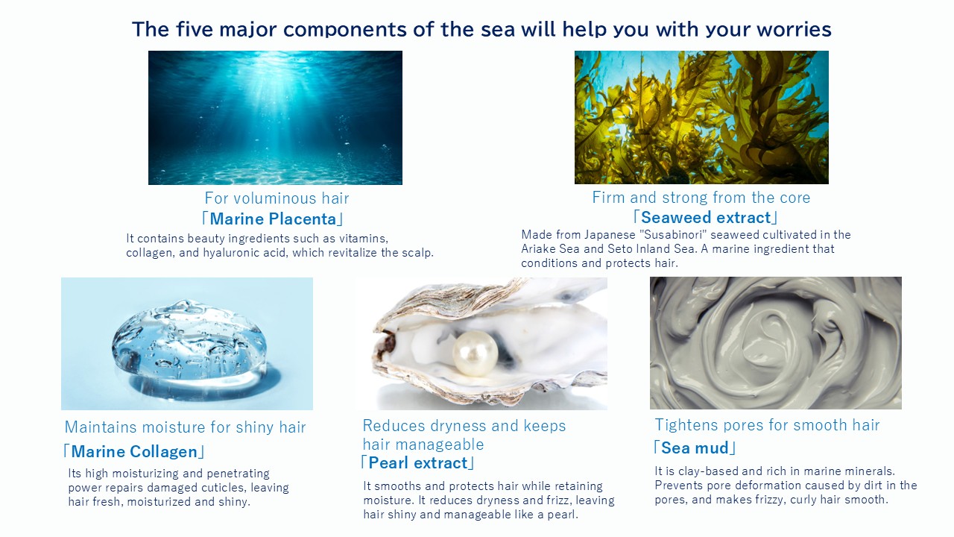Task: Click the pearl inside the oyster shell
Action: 475,354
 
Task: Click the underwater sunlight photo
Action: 275,118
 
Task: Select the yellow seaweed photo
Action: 701,118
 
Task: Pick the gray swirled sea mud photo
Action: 776,343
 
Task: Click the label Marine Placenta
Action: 273,219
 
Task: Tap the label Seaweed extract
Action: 706,217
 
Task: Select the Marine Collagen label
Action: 134,451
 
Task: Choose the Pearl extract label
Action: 418,463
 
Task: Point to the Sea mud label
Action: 695,448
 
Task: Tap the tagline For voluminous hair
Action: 277,198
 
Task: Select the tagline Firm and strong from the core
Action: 701,198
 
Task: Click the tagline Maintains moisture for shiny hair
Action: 186,427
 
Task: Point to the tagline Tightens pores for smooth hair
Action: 767,425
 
